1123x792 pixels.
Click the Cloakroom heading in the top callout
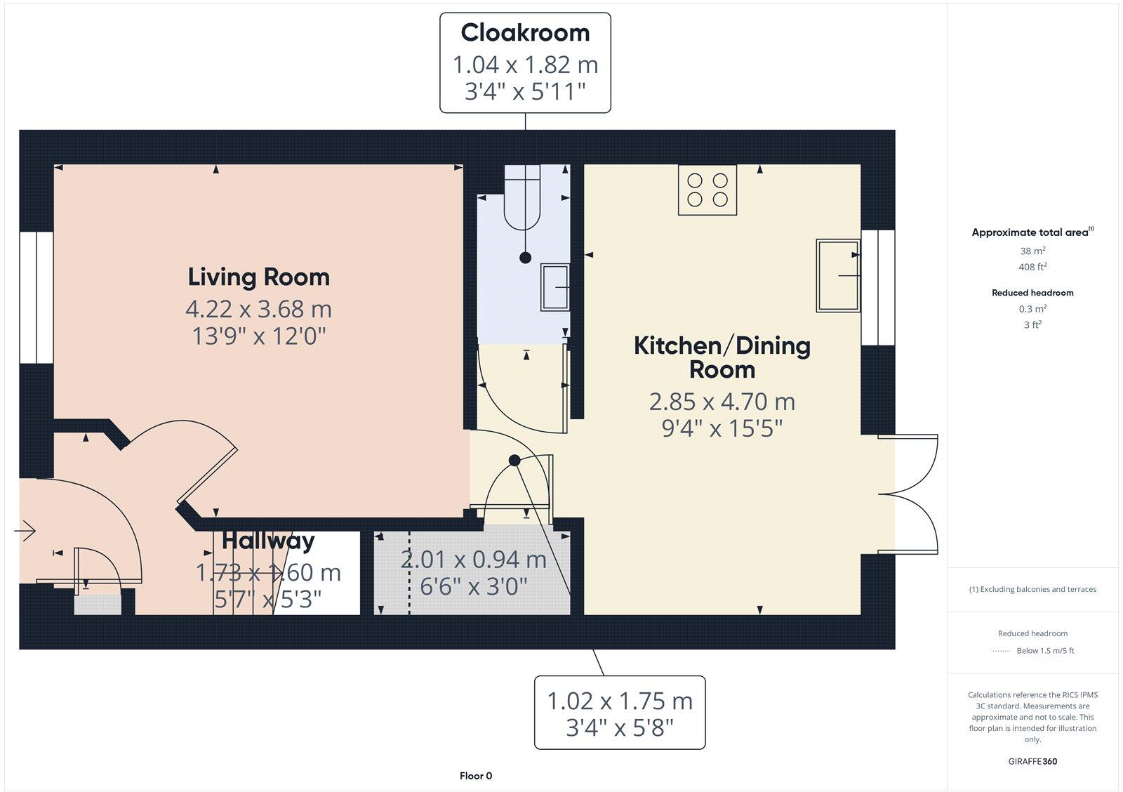click(525, 33)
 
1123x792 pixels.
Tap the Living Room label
click(258, 277)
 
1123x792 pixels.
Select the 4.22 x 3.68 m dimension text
click(258, 309)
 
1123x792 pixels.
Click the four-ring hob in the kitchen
click(707, 190)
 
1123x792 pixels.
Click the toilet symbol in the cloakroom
click(522, 200)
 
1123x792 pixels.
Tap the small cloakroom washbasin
click(554, 287)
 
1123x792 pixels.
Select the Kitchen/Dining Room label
click(722, 357)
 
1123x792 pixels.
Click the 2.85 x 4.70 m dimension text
click(722, 402)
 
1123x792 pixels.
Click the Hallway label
click(268, 541)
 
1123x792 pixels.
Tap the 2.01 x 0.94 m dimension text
click(473, 560)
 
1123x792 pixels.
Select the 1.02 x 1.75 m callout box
click(620, 713)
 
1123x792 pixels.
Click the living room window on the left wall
click(36, 298)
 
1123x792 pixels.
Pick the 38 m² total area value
click(1032, 251)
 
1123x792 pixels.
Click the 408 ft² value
click(1032, 267)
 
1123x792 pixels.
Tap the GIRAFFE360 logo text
click(1032, 761)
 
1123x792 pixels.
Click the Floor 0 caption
click(476, 776)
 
